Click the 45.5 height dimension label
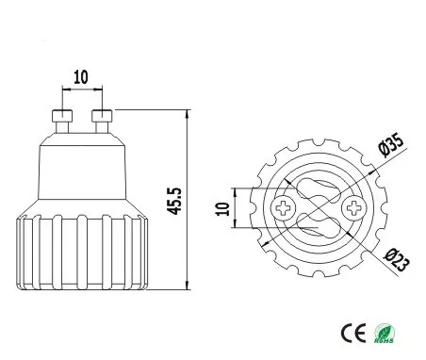(174, 201)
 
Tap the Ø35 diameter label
(390, 144)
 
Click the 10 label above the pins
(81, 77)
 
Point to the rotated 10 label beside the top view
(222, 208)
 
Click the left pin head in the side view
(62, 116)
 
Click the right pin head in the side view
(102, 116)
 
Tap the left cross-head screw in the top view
(284, 207)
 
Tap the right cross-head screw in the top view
(353, 207)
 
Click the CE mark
(353, 333)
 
